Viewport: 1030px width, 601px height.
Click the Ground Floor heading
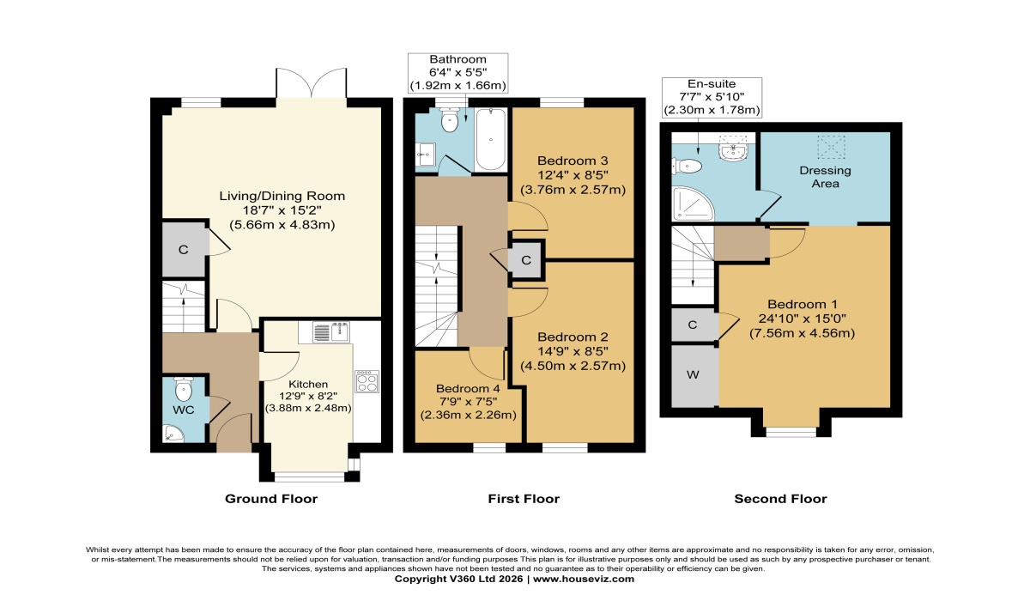271,499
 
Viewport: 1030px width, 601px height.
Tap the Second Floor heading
780,499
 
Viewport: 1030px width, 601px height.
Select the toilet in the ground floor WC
184,389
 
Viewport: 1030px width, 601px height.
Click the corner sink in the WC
173,434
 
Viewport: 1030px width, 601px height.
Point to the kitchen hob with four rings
367,381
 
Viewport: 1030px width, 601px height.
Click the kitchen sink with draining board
331,332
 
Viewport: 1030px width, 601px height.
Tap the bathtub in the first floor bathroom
491,139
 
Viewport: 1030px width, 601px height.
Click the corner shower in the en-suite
693,203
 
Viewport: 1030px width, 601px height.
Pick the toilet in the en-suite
687,166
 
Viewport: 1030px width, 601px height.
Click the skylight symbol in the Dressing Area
831,147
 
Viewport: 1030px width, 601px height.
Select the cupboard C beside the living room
184,250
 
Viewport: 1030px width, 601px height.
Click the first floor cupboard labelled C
526,260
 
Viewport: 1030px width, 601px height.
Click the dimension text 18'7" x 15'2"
282,210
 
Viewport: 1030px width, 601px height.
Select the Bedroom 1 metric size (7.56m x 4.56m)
802,333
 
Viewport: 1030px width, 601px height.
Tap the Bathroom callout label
457,59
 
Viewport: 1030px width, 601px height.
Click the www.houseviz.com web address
584,579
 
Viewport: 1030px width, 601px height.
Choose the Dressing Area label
825,177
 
